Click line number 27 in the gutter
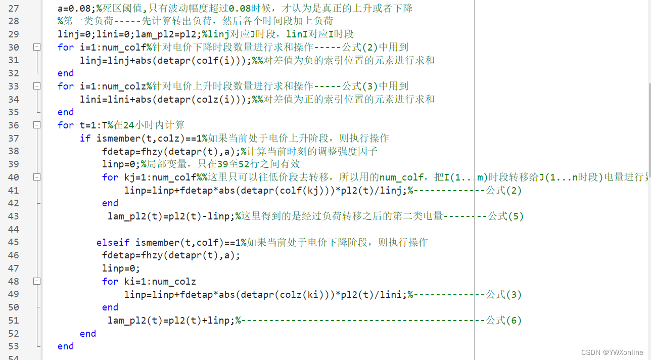[14, 8]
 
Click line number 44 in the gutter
[14, 229]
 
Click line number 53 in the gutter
[14, 346]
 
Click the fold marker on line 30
[36, 47]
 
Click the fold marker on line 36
[36, 125]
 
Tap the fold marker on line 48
[36, 281]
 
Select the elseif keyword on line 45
[113, 242]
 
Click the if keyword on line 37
[85, 138]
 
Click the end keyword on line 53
[66, 346]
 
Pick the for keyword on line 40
[110, 177]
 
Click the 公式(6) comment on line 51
[503, 320]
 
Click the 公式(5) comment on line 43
[505, 216]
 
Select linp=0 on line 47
[119, 268]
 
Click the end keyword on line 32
[66, 73]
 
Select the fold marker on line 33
[36, 86]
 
